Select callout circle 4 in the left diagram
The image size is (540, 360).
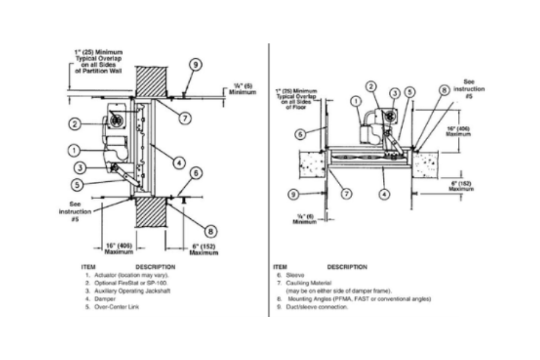179,161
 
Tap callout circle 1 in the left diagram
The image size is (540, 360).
74,149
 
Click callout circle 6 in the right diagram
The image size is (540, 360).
300,136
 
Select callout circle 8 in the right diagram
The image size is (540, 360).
443,90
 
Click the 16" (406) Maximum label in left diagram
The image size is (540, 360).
119,248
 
